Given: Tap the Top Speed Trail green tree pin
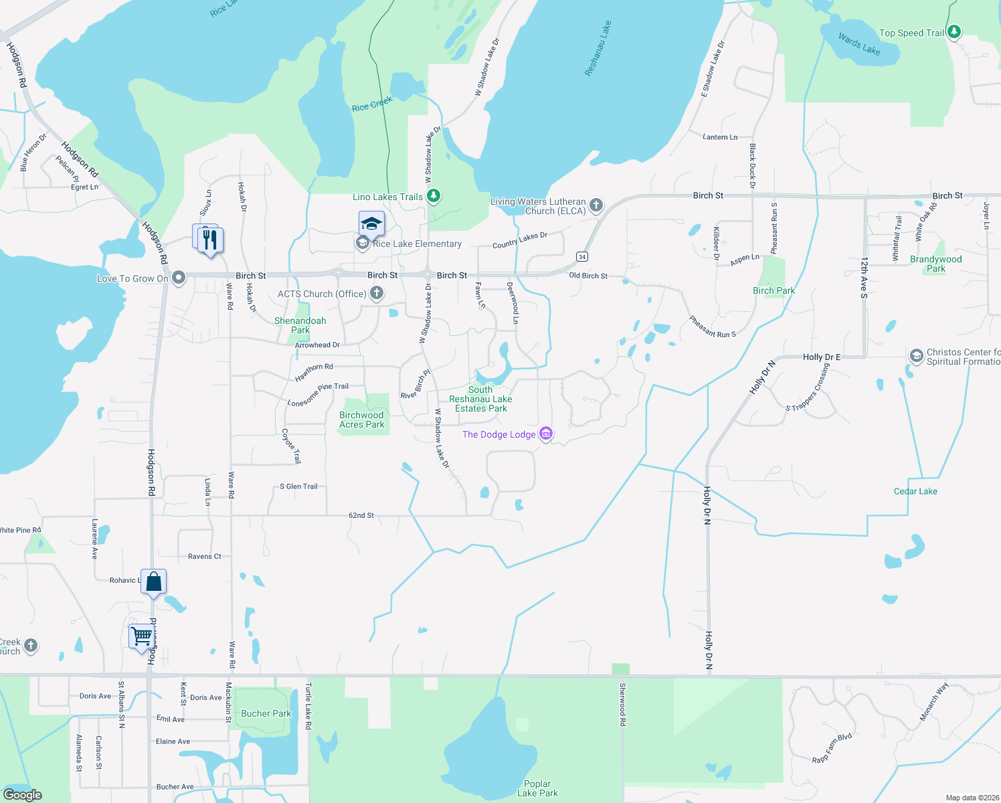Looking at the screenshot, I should click(x=954, y=31).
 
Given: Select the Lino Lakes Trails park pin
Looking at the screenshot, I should click(x=434, y=196).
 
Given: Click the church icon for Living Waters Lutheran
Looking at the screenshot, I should click(x=596, y=205).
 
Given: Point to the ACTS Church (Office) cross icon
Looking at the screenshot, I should click(x=377, y=293).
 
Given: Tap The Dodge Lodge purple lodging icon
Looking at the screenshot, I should click(x=546, y=434).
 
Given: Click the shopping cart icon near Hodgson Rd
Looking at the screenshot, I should click(x=142, y=636).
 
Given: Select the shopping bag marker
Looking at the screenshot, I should click(x=153, y=582).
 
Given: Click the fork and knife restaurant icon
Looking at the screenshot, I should click(x=210, y=240).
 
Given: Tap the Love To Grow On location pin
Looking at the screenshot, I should click(x=179, y=278).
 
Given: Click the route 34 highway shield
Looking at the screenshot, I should click(x=582, y=257).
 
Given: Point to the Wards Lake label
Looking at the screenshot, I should click(x=859, y=44).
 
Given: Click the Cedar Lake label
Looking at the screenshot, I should click(x=915, y=491).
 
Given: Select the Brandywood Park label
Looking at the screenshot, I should click(x=935, y=264).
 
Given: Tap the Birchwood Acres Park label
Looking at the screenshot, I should click(x=361, y=420).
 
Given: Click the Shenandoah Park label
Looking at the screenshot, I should click(x=300, y=325).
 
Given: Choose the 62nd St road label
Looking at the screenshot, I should click(x=361, y=515).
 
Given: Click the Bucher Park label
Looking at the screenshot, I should click(x=266, y=713).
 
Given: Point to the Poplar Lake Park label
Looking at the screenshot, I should click(x=537, y=788).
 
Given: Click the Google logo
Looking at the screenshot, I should click(x=23, y=794).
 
